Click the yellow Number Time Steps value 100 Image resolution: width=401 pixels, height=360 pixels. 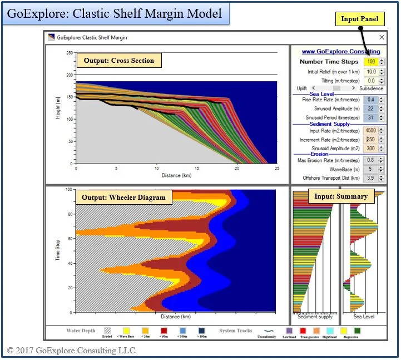(370, 62)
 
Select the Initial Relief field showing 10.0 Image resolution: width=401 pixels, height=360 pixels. (370, 72)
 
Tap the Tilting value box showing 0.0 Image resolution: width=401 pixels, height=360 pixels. (370, 81)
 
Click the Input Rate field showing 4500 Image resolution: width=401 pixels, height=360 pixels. (370, 131)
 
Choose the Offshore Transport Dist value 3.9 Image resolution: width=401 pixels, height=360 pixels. (370, 178)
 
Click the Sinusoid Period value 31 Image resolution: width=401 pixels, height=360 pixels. (370, 118)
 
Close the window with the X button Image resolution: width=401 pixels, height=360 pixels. (382, 37)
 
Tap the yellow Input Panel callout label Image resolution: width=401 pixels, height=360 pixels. (359, 19)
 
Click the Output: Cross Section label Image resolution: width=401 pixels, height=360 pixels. (118, 61)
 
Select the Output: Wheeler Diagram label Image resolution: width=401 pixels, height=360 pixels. (123, 198)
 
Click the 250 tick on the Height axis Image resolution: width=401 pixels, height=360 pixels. (70, 53)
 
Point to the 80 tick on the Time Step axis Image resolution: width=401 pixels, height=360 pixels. (70, 214)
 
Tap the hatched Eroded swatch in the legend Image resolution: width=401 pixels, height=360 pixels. (107, 331)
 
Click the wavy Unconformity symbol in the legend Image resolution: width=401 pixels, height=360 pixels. (266, 331)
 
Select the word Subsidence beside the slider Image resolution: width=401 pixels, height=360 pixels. (371, 88)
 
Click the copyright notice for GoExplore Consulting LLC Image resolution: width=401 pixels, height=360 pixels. (72, 351)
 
